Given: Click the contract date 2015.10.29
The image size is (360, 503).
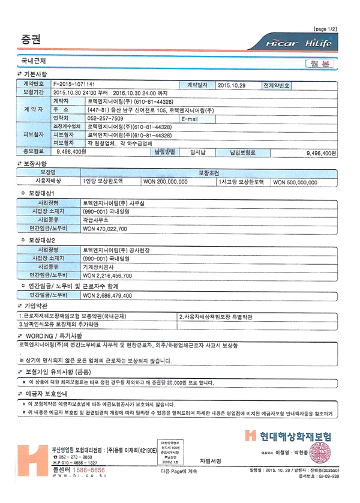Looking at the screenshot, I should click(x=232, y=85).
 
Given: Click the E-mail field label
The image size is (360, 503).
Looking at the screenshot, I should click(x=189, y=119).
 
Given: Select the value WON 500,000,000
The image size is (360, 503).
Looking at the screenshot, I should click(x=295, y=181).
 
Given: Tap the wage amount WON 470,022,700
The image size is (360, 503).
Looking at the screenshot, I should click(x=104, y=229).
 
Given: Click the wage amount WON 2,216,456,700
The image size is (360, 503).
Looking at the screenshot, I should click(x=107, y=276).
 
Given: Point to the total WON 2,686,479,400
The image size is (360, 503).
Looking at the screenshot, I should click(x=107, y=295).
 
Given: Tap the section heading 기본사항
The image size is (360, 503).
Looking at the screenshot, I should click(x=35, y=73).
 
